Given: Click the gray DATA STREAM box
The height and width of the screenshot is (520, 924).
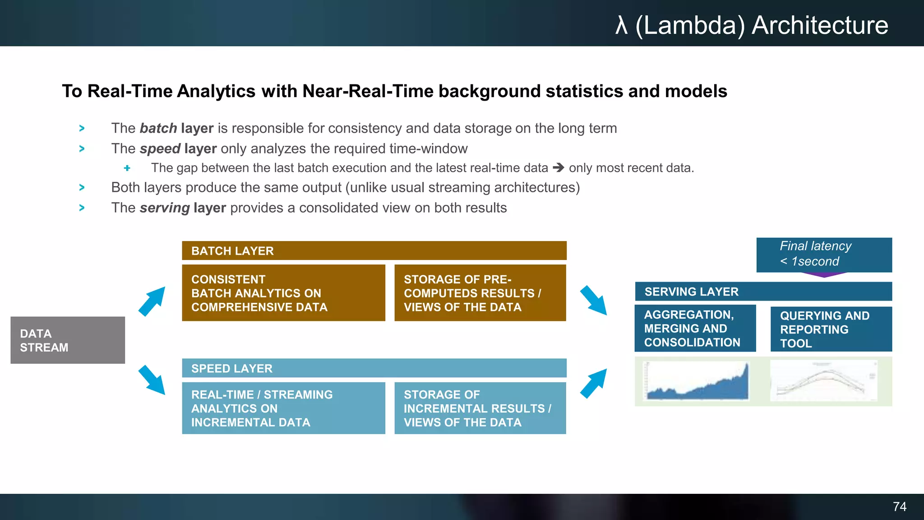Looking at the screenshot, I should [68, 340].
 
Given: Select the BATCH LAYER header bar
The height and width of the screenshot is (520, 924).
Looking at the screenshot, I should [374, 251].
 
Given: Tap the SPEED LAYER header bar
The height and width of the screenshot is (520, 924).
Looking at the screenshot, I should [374, 368].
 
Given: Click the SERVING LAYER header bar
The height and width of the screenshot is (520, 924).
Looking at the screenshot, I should [763, 291].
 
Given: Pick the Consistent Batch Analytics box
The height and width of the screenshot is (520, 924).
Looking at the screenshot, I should [283, 293].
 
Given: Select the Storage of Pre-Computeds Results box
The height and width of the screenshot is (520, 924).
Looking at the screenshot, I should [480, 293].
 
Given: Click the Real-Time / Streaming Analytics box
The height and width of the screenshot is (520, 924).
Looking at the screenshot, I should [283, 408].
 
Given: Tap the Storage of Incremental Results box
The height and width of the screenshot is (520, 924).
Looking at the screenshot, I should [480, 408].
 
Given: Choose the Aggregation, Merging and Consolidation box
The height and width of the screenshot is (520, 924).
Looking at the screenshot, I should [695, 328].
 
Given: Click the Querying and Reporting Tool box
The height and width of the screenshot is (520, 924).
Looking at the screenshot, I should [831, 329].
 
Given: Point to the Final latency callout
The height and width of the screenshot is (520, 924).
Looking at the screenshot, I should [824, 255].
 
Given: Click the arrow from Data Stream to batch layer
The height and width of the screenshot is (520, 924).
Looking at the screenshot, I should [152, 301].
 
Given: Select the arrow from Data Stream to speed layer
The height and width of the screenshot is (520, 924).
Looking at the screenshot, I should [152, 380].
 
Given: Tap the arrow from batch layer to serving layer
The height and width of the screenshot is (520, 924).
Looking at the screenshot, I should [593, 300].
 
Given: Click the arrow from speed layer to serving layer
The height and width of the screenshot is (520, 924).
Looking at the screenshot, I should [593, 383].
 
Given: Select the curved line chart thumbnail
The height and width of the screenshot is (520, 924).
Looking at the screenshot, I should [824, 381].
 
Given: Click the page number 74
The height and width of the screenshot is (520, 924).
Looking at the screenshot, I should [899, 506].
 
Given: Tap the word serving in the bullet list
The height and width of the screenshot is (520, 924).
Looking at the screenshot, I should [165, 208].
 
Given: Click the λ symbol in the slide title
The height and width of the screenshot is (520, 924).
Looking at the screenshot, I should [621, 25].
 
